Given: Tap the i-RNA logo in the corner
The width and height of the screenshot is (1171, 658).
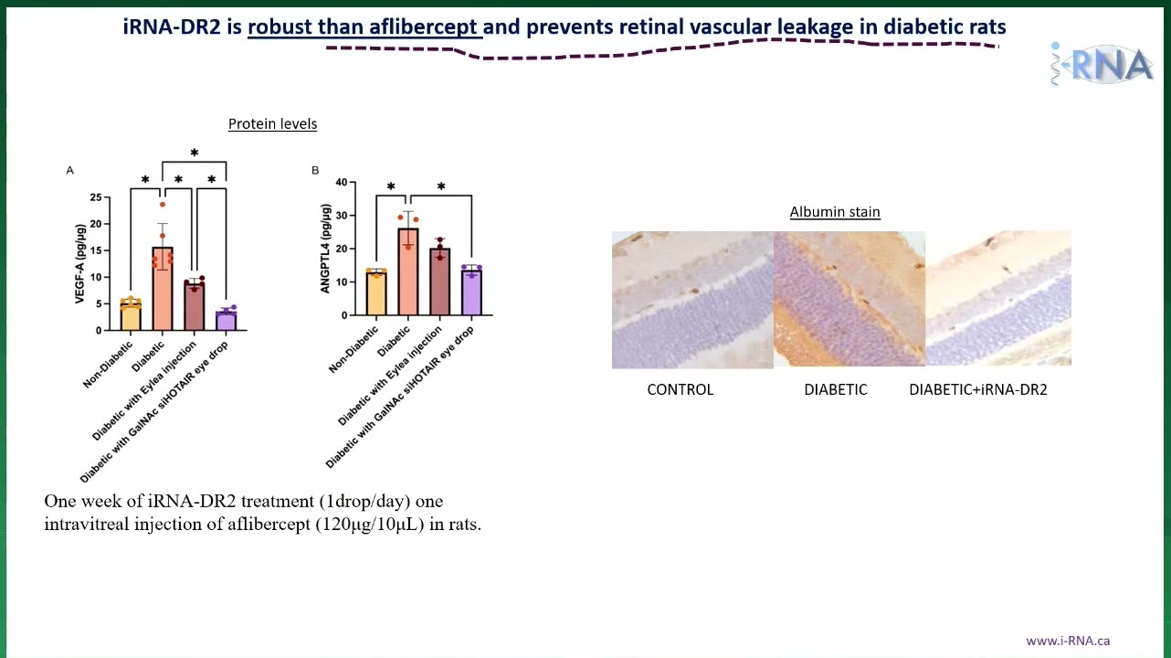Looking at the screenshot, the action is click(1102, 64).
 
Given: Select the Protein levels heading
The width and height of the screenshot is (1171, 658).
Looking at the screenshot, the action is click(272, 124).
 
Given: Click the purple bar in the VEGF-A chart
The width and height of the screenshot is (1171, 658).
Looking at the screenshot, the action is click(227, 321).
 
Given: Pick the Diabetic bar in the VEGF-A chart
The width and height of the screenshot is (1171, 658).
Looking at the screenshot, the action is click(163, 289).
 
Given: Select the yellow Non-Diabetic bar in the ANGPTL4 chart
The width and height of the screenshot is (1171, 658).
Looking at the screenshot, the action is click(376, 293).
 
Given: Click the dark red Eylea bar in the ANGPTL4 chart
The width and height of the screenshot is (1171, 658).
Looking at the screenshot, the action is click(440, 281).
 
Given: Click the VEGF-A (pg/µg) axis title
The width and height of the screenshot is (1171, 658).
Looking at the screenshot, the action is click(79, 263).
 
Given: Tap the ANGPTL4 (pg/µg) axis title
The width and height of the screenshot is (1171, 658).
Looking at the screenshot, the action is click(325, 249).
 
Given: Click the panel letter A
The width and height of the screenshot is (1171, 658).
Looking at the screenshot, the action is click(69, 171).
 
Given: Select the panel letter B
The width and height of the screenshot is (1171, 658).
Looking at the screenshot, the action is click(315, 171).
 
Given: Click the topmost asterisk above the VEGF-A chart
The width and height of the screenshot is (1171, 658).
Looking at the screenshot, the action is click(195, 154).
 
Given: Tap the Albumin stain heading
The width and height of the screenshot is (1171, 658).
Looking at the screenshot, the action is click(835, 212).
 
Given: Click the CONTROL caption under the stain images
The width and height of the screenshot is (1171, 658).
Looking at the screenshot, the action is click(680, 389).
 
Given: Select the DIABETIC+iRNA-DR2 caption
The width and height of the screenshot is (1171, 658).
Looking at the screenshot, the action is click(978, 389).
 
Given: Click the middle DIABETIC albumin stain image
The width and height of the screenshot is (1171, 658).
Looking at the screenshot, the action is click(849, 299).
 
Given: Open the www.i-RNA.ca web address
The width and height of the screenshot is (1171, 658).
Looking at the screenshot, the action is click(1068, 641).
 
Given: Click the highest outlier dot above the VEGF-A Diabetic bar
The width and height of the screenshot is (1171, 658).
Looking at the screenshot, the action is click(163, 205).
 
